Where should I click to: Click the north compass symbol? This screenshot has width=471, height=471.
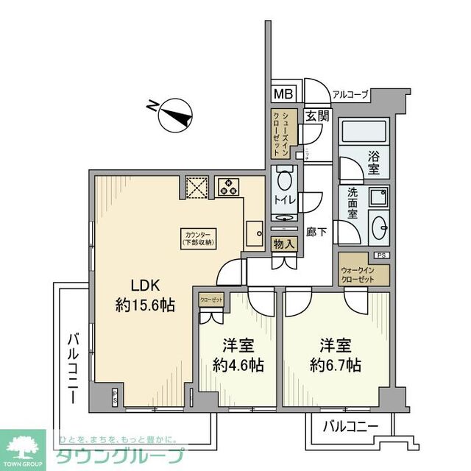tap(175, 113)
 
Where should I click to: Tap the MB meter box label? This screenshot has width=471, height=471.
tap(282, 94)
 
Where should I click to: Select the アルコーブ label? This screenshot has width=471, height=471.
tap(350, 94)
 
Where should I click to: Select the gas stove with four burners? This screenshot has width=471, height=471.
tap(229, 186)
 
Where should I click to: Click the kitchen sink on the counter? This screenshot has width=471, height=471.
tap(255, 234)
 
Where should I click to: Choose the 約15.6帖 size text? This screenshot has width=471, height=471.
tap(145, 305)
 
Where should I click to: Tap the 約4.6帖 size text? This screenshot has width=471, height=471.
tap(238, 364)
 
